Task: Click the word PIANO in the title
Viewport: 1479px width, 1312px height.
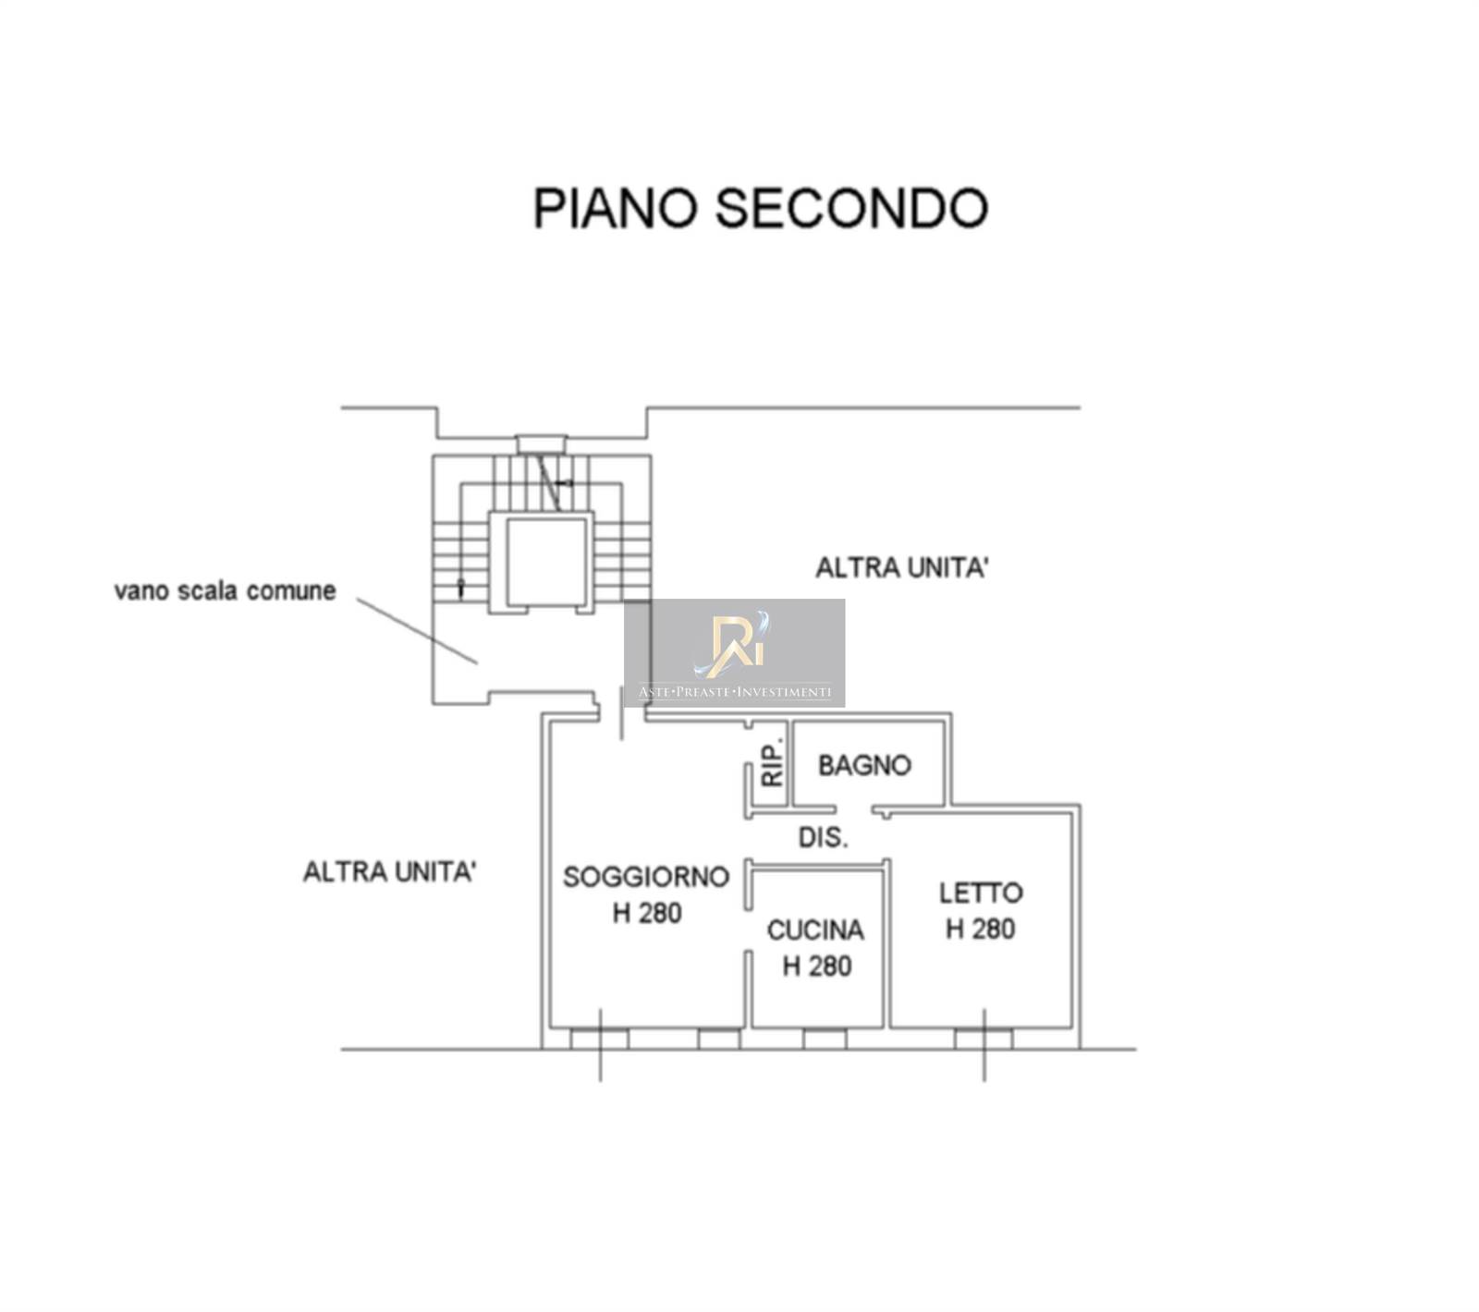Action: (614, 208)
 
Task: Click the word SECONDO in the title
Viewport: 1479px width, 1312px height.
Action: (851, 208)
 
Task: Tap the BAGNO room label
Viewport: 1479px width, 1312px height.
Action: (864, 765)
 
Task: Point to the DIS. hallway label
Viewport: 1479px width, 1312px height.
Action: (823, 838)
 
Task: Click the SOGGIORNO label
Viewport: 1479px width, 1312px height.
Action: (646, 876)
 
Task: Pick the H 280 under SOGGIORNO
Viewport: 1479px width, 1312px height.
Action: (647, 913)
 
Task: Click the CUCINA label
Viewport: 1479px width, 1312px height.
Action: (815, 929)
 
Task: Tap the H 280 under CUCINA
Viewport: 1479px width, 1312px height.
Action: (817, 966)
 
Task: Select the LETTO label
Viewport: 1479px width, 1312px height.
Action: (981, 893)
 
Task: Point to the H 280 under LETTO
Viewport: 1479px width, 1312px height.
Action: (981, 929)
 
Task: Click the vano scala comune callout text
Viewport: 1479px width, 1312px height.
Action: (225, 590)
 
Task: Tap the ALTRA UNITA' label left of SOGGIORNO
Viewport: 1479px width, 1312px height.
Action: (389, 871)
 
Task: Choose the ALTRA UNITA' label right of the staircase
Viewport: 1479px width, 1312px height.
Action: (901, 567)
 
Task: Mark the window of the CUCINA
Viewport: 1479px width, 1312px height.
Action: (825, 1039)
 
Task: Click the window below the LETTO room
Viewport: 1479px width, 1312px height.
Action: (983, 1039)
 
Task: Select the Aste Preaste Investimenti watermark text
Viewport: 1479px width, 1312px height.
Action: (735, 692)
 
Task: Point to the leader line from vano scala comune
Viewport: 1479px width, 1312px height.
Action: (417, 631)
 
